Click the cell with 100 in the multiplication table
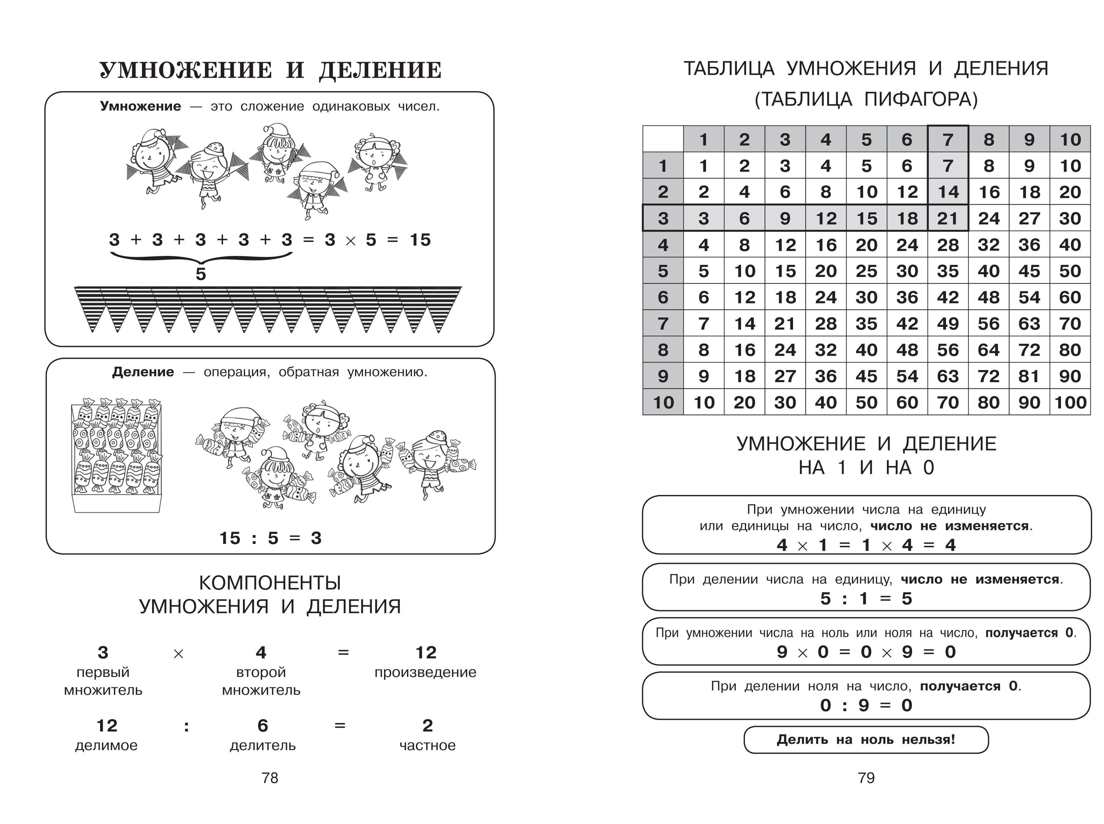coord(1070,402)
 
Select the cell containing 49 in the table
coord(948,323)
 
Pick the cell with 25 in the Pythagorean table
coord(867,271)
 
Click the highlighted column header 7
coord(948,139)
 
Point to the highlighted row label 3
coord(663,218)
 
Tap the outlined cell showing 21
coord(948,218)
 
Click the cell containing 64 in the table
coord(989,350)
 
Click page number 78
coord(270,778)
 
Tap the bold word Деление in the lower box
coord(143,372)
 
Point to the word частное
coord(427,746)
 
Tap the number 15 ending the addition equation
coord(420,240)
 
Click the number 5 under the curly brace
coord(200,274)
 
